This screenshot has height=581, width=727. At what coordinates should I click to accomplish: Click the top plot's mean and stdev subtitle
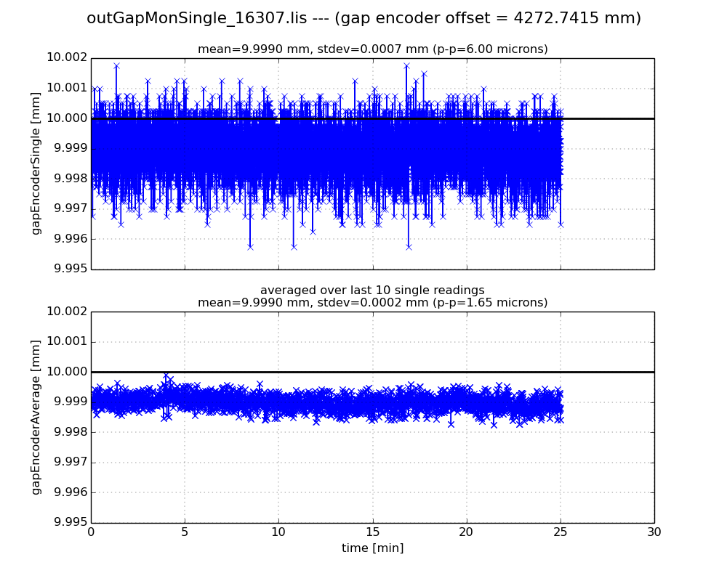coord(372,49)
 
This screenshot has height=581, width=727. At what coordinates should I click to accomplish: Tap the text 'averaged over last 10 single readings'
coord(372,290)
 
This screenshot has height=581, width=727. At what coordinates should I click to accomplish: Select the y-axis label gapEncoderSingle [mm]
coord(36,163)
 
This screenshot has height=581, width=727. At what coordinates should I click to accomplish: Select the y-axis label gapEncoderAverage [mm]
coord(36,417)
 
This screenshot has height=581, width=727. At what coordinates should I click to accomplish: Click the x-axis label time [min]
coord(372,548)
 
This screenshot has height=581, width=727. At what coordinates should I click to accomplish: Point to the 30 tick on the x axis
coord(654,532)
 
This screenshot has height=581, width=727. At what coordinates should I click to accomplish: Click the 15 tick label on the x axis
coord(372,532)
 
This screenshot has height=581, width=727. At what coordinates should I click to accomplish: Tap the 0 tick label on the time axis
coord(91,532)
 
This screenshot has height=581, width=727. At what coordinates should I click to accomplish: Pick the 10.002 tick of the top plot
coord(68,58)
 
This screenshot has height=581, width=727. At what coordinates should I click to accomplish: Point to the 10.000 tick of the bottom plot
coord(68,372)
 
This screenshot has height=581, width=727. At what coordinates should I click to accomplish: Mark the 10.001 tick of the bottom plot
coord(68,341)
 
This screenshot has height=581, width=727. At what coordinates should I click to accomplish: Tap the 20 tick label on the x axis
coord(466,532)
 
